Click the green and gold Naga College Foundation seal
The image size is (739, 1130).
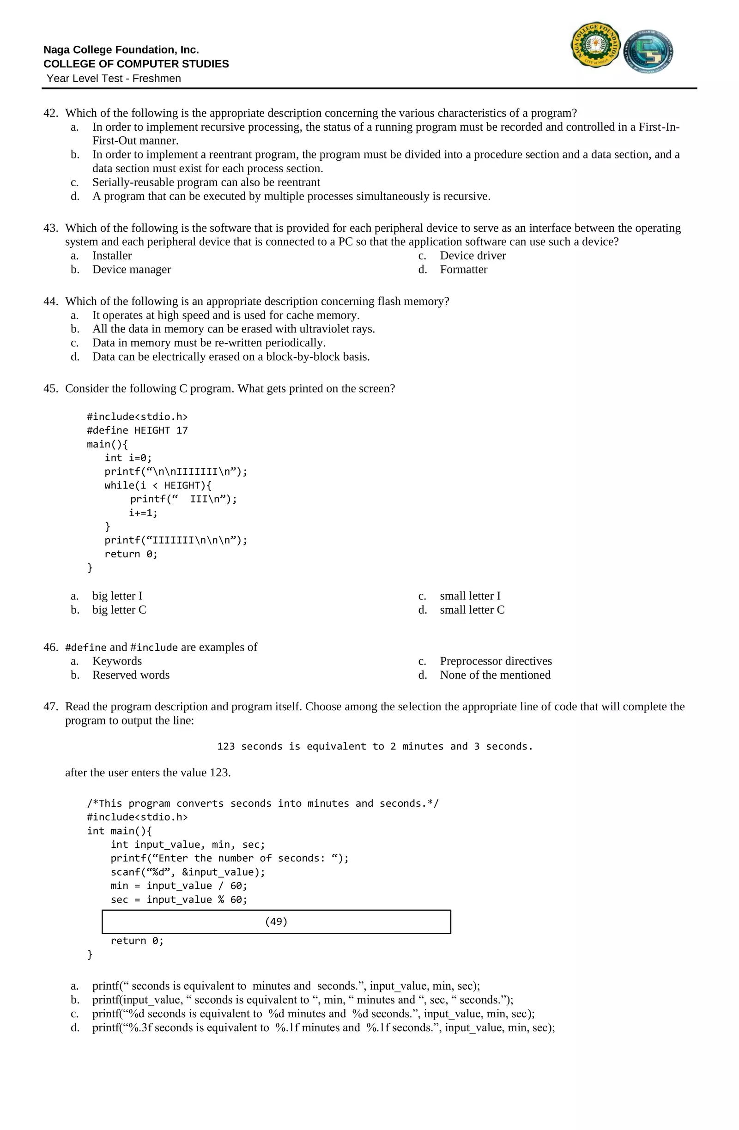[x=595, y=45]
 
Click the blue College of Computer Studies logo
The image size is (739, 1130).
[x=648, y=51]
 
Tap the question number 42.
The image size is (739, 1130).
[x=50, y=113]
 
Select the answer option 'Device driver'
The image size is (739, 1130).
[x=472, y=255]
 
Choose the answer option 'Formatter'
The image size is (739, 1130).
[x=463, y=269]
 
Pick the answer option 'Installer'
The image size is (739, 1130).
[x=112, y=255]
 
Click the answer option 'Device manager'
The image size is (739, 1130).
[x=132, y=269]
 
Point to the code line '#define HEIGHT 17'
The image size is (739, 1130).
[x=137, y=430]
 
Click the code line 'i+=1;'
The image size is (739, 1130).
[x=143, y=513]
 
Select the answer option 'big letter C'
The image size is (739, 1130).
[x=119, y=610]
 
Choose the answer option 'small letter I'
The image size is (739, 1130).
[x=470, y=596]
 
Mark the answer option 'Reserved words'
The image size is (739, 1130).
[x=131, y=675]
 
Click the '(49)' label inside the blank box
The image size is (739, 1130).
[x=276, y=922]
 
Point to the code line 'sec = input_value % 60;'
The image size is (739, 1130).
[x=179, y=899]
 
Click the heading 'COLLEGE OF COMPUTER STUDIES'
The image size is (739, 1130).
[x=136, y=64]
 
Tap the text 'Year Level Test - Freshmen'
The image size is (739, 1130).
[x=114, y=79]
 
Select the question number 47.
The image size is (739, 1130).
[x=50, y=707]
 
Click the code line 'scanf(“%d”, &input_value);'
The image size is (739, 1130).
[x=188, y=872]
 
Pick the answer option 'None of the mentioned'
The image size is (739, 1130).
[x=495, y=675]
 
